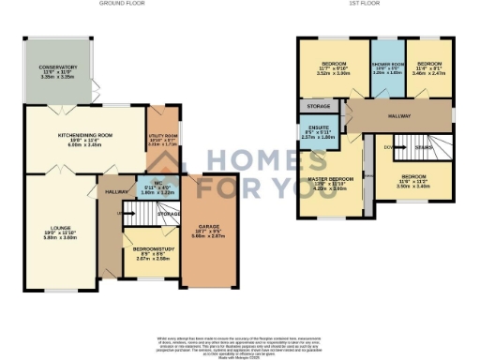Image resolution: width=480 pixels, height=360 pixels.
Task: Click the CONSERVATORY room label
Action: click(x=57, y=67)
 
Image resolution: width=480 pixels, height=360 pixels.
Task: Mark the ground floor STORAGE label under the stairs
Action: click(x=168, y=214)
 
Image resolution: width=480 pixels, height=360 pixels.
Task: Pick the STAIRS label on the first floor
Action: click(x=425, y=146)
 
